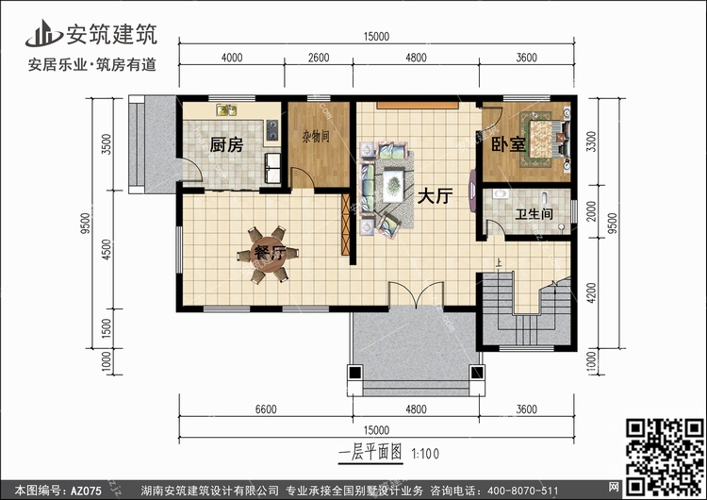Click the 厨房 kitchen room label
(x=226, y=145)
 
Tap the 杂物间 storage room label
(x=316, y=136)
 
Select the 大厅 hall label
(x=435, y=196)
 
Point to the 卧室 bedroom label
(x=508, y=144)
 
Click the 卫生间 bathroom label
(x=534, y=213)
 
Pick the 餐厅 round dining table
(x=269, y=255)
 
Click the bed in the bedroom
(x=546, y=139)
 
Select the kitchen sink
(x=226, y=109)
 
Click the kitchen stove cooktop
(x=271, y=129)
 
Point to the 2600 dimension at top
(x=319, y=58)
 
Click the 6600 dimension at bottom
(x=266, y=409)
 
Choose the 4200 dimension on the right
(x=592, y=292)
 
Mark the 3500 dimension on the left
(x=107, y=144)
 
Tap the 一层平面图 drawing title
(x=370, y=453)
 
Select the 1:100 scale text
(x=425, y=454)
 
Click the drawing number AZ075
(x=87, y=491)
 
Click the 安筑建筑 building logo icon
(x=43, y=33)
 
